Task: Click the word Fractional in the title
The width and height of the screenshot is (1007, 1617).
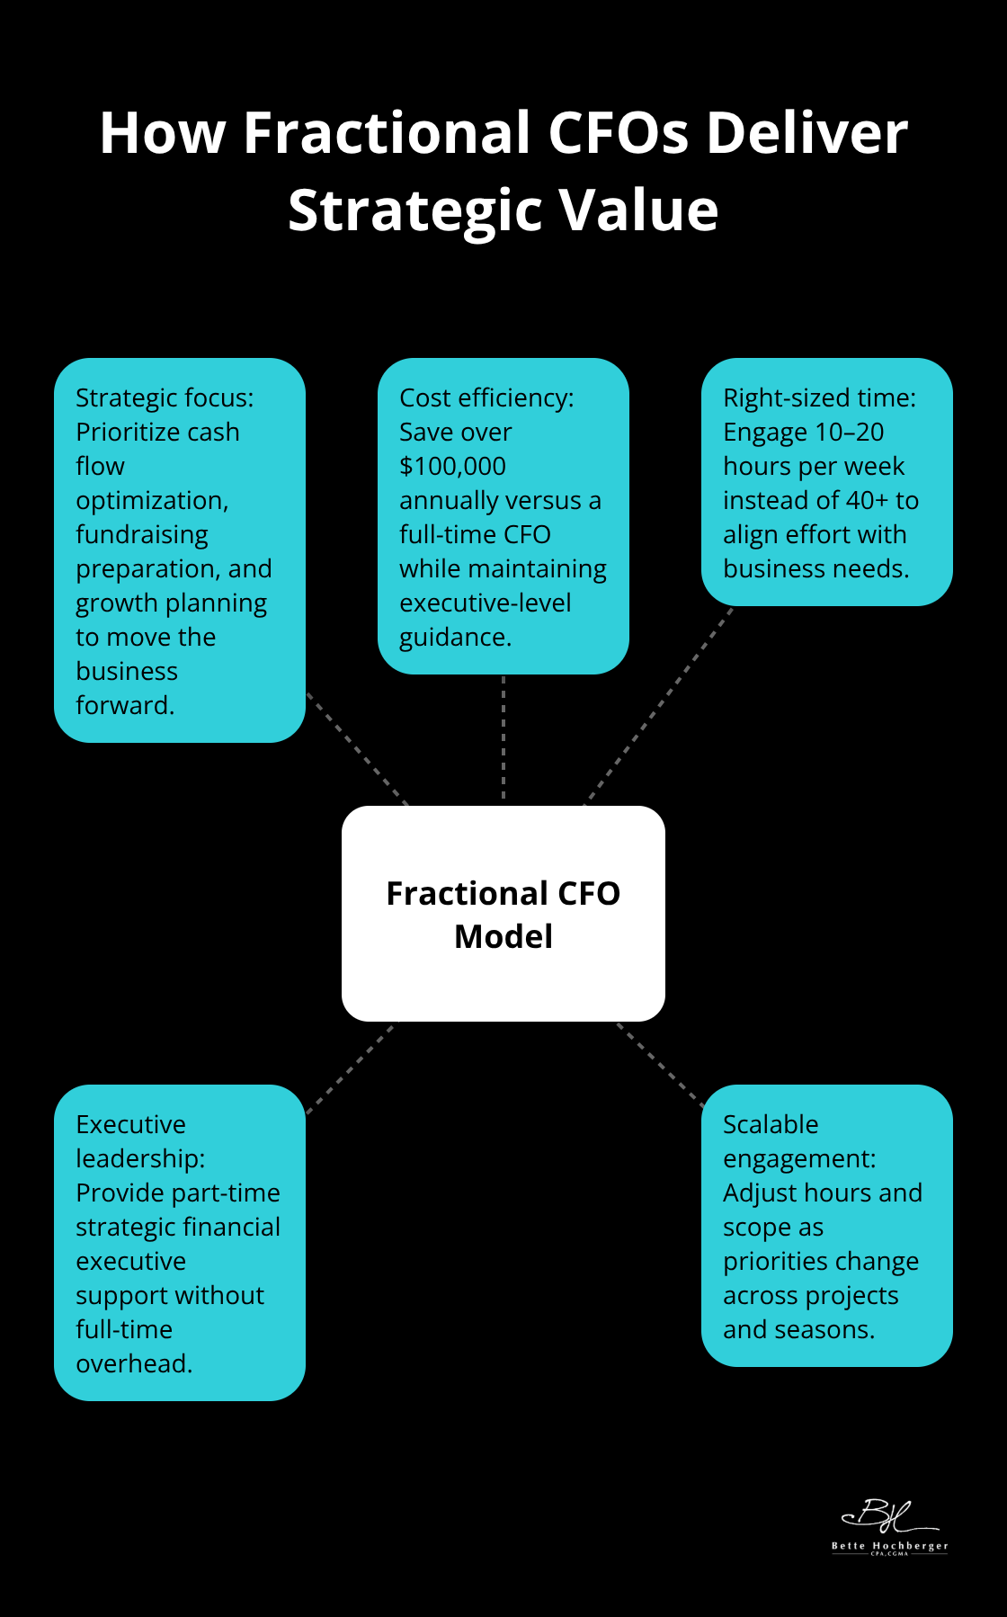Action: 388,133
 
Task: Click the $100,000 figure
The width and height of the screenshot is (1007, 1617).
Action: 452,467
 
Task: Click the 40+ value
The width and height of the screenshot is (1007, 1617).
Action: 867,501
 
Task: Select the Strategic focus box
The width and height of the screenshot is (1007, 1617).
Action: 180,549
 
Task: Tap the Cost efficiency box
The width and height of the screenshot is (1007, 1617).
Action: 503,515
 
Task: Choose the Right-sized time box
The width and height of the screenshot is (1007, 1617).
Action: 826,482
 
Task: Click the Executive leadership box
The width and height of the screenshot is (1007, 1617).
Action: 180,1242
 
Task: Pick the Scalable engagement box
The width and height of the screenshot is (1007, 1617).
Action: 826,1225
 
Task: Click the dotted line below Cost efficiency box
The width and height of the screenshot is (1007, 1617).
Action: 503,737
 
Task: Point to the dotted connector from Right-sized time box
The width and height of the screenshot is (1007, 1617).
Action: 659,706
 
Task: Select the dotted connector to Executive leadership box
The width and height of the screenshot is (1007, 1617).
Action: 350,1068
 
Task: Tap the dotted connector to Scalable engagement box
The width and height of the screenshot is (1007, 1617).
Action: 660,1064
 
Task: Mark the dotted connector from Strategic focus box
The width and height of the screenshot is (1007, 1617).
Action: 357,748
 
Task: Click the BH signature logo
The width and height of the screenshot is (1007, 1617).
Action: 887,1516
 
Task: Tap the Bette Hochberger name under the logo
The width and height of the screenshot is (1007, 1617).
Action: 889,1546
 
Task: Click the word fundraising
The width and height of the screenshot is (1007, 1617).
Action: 142,535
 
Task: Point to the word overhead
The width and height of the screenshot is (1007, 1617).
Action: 133,1364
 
